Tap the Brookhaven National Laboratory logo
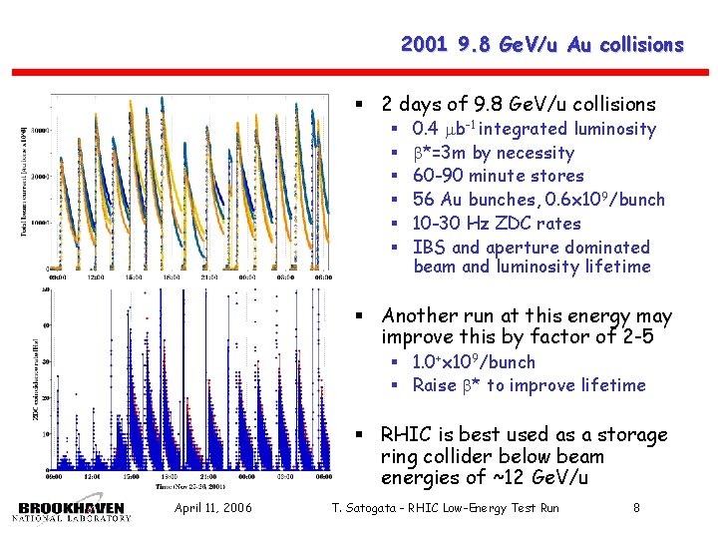point(73,510)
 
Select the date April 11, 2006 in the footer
point(212,509)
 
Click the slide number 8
point(636,509)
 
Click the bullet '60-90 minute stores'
point(498,176)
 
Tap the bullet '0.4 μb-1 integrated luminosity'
point(534,129)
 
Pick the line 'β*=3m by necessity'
point(493,153)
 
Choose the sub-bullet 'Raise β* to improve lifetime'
point(529,385)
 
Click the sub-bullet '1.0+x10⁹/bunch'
point(473,362)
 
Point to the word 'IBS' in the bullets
point(429,248)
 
